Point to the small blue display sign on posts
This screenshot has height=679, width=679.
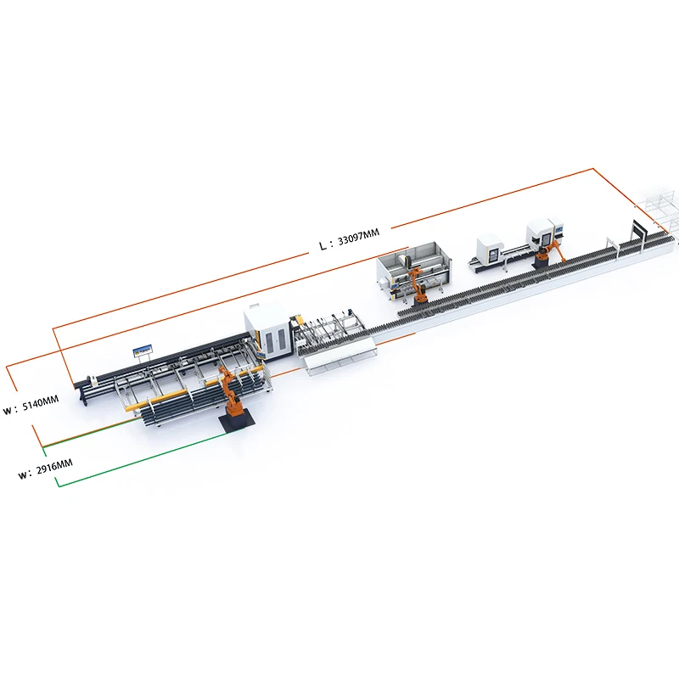click(142, 349)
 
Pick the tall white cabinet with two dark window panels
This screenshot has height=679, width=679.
click(269, 333)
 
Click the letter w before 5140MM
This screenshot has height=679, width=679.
click(8, 409)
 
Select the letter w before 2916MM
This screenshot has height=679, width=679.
click(23, 474)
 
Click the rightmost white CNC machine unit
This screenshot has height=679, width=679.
click(544, 232)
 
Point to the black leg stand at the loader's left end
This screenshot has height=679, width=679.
click(82, 393)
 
